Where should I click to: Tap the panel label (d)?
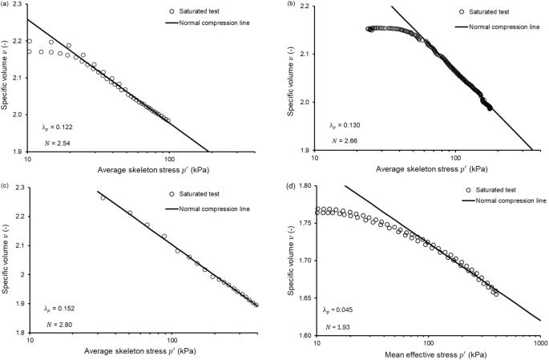(291, 185)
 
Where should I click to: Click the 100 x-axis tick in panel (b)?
(456, 158)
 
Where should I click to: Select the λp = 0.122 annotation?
(57, 127)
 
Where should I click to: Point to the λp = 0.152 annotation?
(59, 309)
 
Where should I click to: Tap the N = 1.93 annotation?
(337, 327)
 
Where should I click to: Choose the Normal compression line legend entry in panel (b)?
(498, 26)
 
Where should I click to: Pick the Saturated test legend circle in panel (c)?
(172, 194)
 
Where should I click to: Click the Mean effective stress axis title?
(436, 354)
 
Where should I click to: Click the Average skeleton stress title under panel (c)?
(140, 351)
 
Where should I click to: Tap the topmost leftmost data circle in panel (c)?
(103, 198)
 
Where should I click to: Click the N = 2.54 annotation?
(57, 143)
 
